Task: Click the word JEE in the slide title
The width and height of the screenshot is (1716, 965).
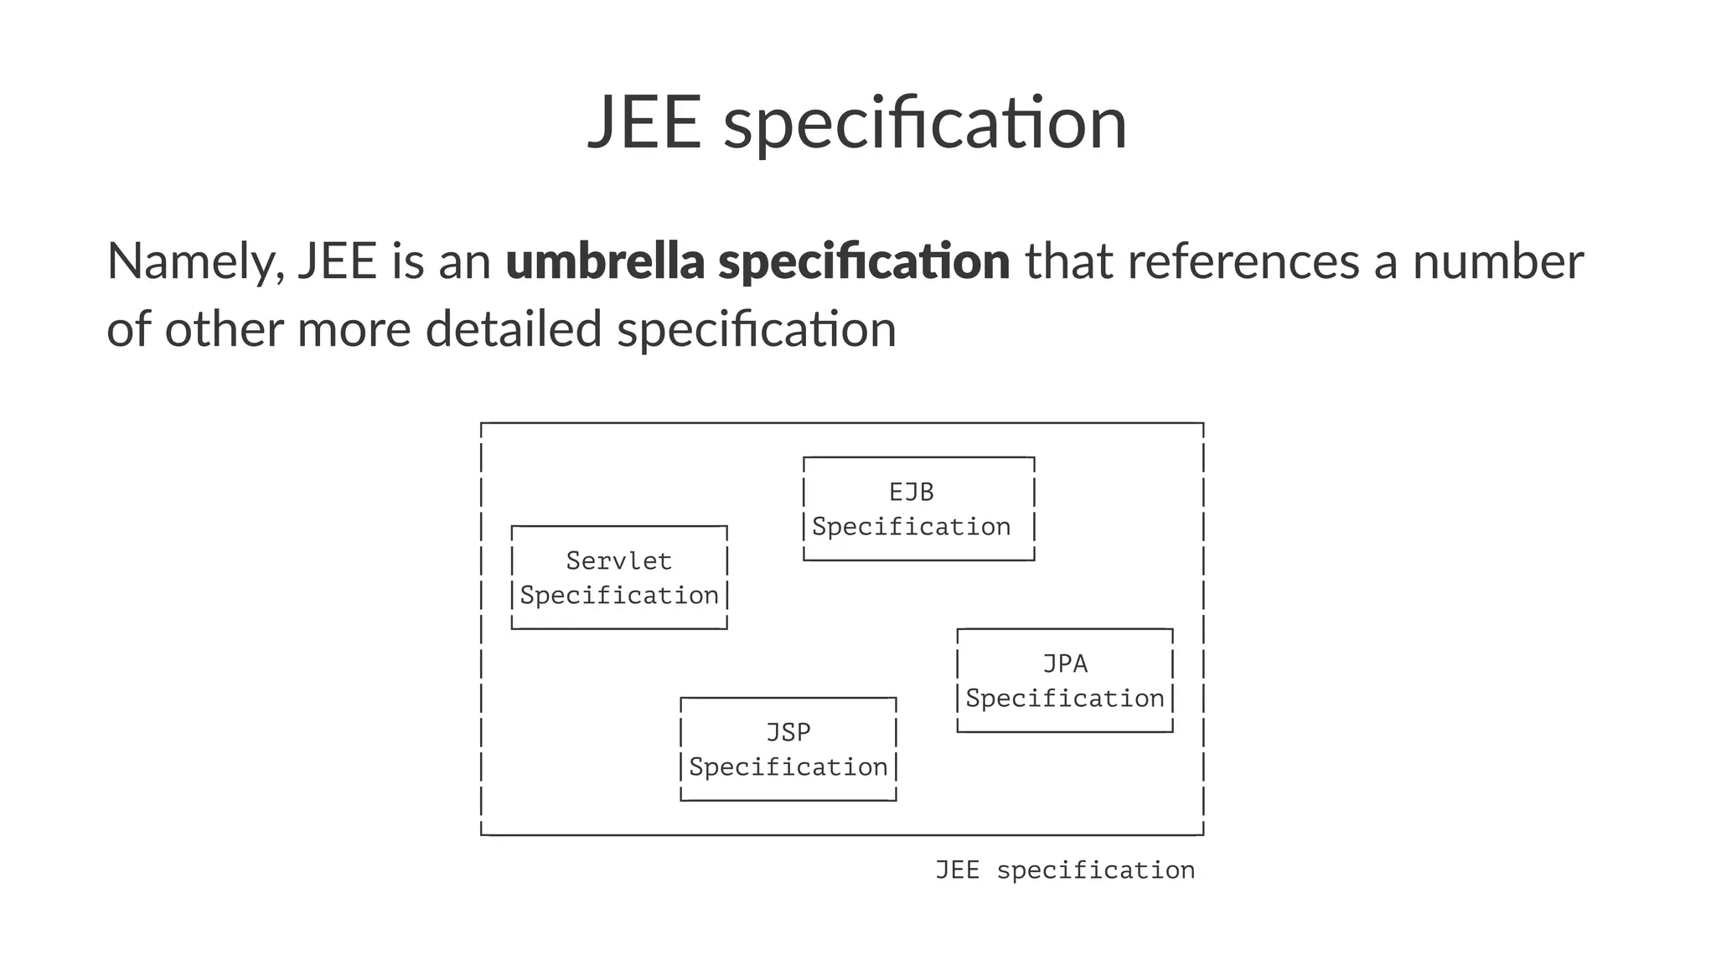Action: point(644,123)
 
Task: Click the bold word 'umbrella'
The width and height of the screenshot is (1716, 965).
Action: point(604,261)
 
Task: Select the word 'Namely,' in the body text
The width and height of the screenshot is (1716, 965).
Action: point(195,262)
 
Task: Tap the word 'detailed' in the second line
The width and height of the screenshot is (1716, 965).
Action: point(514,328)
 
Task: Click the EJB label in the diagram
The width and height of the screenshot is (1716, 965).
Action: point(911,492)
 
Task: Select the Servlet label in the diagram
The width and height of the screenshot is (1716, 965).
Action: point(618,560)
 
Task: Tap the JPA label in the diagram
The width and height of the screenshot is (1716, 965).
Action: point(1064,663)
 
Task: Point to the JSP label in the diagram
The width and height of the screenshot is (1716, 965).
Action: point(788,732)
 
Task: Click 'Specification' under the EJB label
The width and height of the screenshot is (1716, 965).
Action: point(911,527)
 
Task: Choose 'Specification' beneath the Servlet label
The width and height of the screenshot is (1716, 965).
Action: point(618,596)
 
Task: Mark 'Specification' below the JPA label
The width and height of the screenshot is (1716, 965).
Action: point(1064,699)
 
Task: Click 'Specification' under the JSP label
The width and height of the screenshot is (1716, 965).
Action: point(788,767)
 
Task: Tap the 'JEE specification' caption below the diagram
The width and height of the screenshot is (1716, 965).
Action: point(1064,870)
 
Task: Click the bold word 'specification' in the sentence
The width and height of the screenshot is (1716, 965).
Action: point(864,262)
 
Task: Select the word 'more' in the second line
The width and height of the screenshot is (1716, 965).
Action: point(354,328)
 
